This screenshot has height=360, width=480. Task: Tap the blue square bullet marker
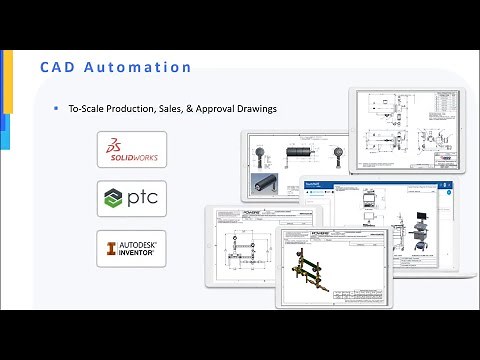[56, 107]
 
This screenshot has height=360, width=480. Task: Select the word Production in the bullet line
[136, 107]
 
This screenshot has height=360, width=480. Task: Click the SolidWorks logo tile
[132, 149]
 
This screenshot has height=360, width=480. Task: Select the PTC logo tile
[132, 198]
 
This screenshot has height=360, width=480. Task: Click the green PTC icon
[115, 198]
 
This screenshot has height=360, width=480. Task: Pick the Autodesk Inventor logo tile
[132, 247]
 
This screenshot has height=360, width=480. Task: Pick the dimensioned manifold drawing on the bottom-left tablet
[245, 245]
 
